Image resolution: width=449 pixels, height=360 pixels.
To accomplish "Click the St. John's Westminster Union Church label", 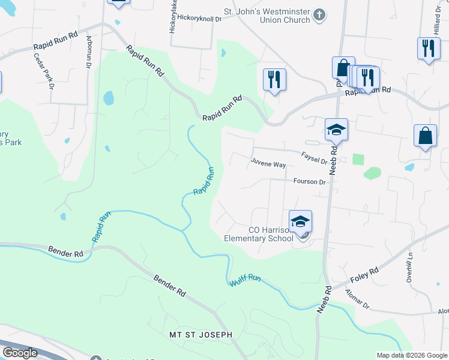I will (267, 15).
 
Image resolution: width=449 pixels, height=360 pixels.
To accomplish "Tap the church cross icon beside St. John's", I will (320, 14).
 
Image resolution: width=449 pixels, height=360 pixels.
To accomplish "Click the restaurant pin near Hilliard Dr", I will (427, 49).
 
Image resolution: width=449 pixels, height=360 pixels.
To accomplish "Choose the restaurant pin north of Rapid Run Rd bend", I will (274, 79).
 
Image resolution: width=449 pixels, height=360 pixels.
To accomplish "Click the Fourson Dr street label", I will (309, 181).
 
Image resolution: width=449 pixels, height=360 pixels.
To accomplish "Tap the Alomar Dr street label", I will (358, 299).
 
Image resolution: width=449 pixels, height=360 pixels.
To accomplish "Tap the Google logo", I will (20, 353).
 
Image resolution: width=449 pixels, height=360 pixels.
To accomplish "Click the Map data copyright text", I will (411, 355).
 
